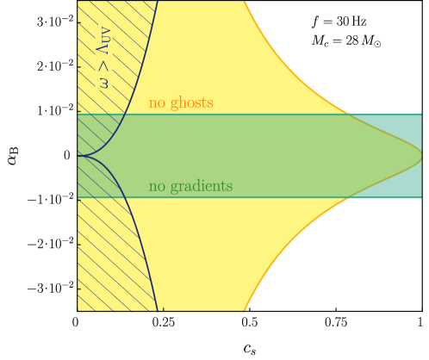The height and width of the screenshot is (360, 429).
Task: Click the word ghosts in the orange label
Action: [x=191, y=103]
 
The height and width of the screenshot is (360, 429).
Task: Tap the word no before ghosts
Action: [x=157, y=104]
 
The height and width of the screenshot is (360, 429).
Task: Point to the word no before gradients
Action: [x=157, y=187]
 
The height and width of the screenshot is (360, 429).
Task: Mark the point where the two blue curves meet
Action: [x=78, y=156]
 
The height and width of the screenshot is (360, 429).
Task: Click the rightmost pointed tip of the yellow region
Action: [x=420, y=156]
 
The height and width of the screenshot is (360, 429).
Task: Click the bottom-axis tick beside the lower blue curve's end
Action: [x=162, y=308]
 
